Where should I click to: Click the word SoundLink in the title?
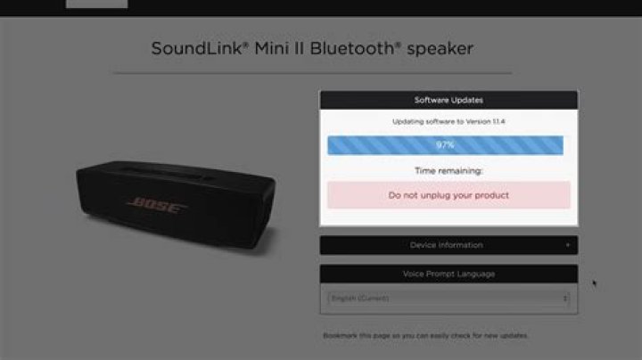(x=190, y=48)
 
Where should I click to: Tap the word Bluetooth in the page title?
(x=350, y=48)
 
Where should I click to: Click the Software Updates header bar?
(x=449, y=100)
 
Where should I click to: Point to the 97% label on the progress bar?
(x=445, y=145)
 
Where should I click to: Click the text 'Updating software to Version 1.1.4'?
(x=449, y=120)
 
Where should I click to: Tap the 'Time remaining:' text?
(x=449, y=170)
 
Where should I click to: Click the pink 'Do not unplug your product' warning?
(x=449, y=194)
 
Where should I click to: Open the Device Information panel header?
(x=446, y=245)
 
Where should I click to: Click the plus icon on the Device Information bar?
(x=568, y=245)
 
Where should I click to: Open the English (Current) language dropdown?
(x=446, y=299)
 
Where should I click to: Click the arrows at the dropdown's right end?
(x=565, y=299)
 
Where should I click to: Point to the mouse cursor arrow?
(x=594, y=283)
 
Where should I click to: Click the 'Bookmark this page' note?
(x=425, y=336)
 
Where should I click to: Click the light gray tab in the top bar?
(x=96, y=4)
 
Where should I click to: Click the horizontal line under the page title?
(x=312, y=73)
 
